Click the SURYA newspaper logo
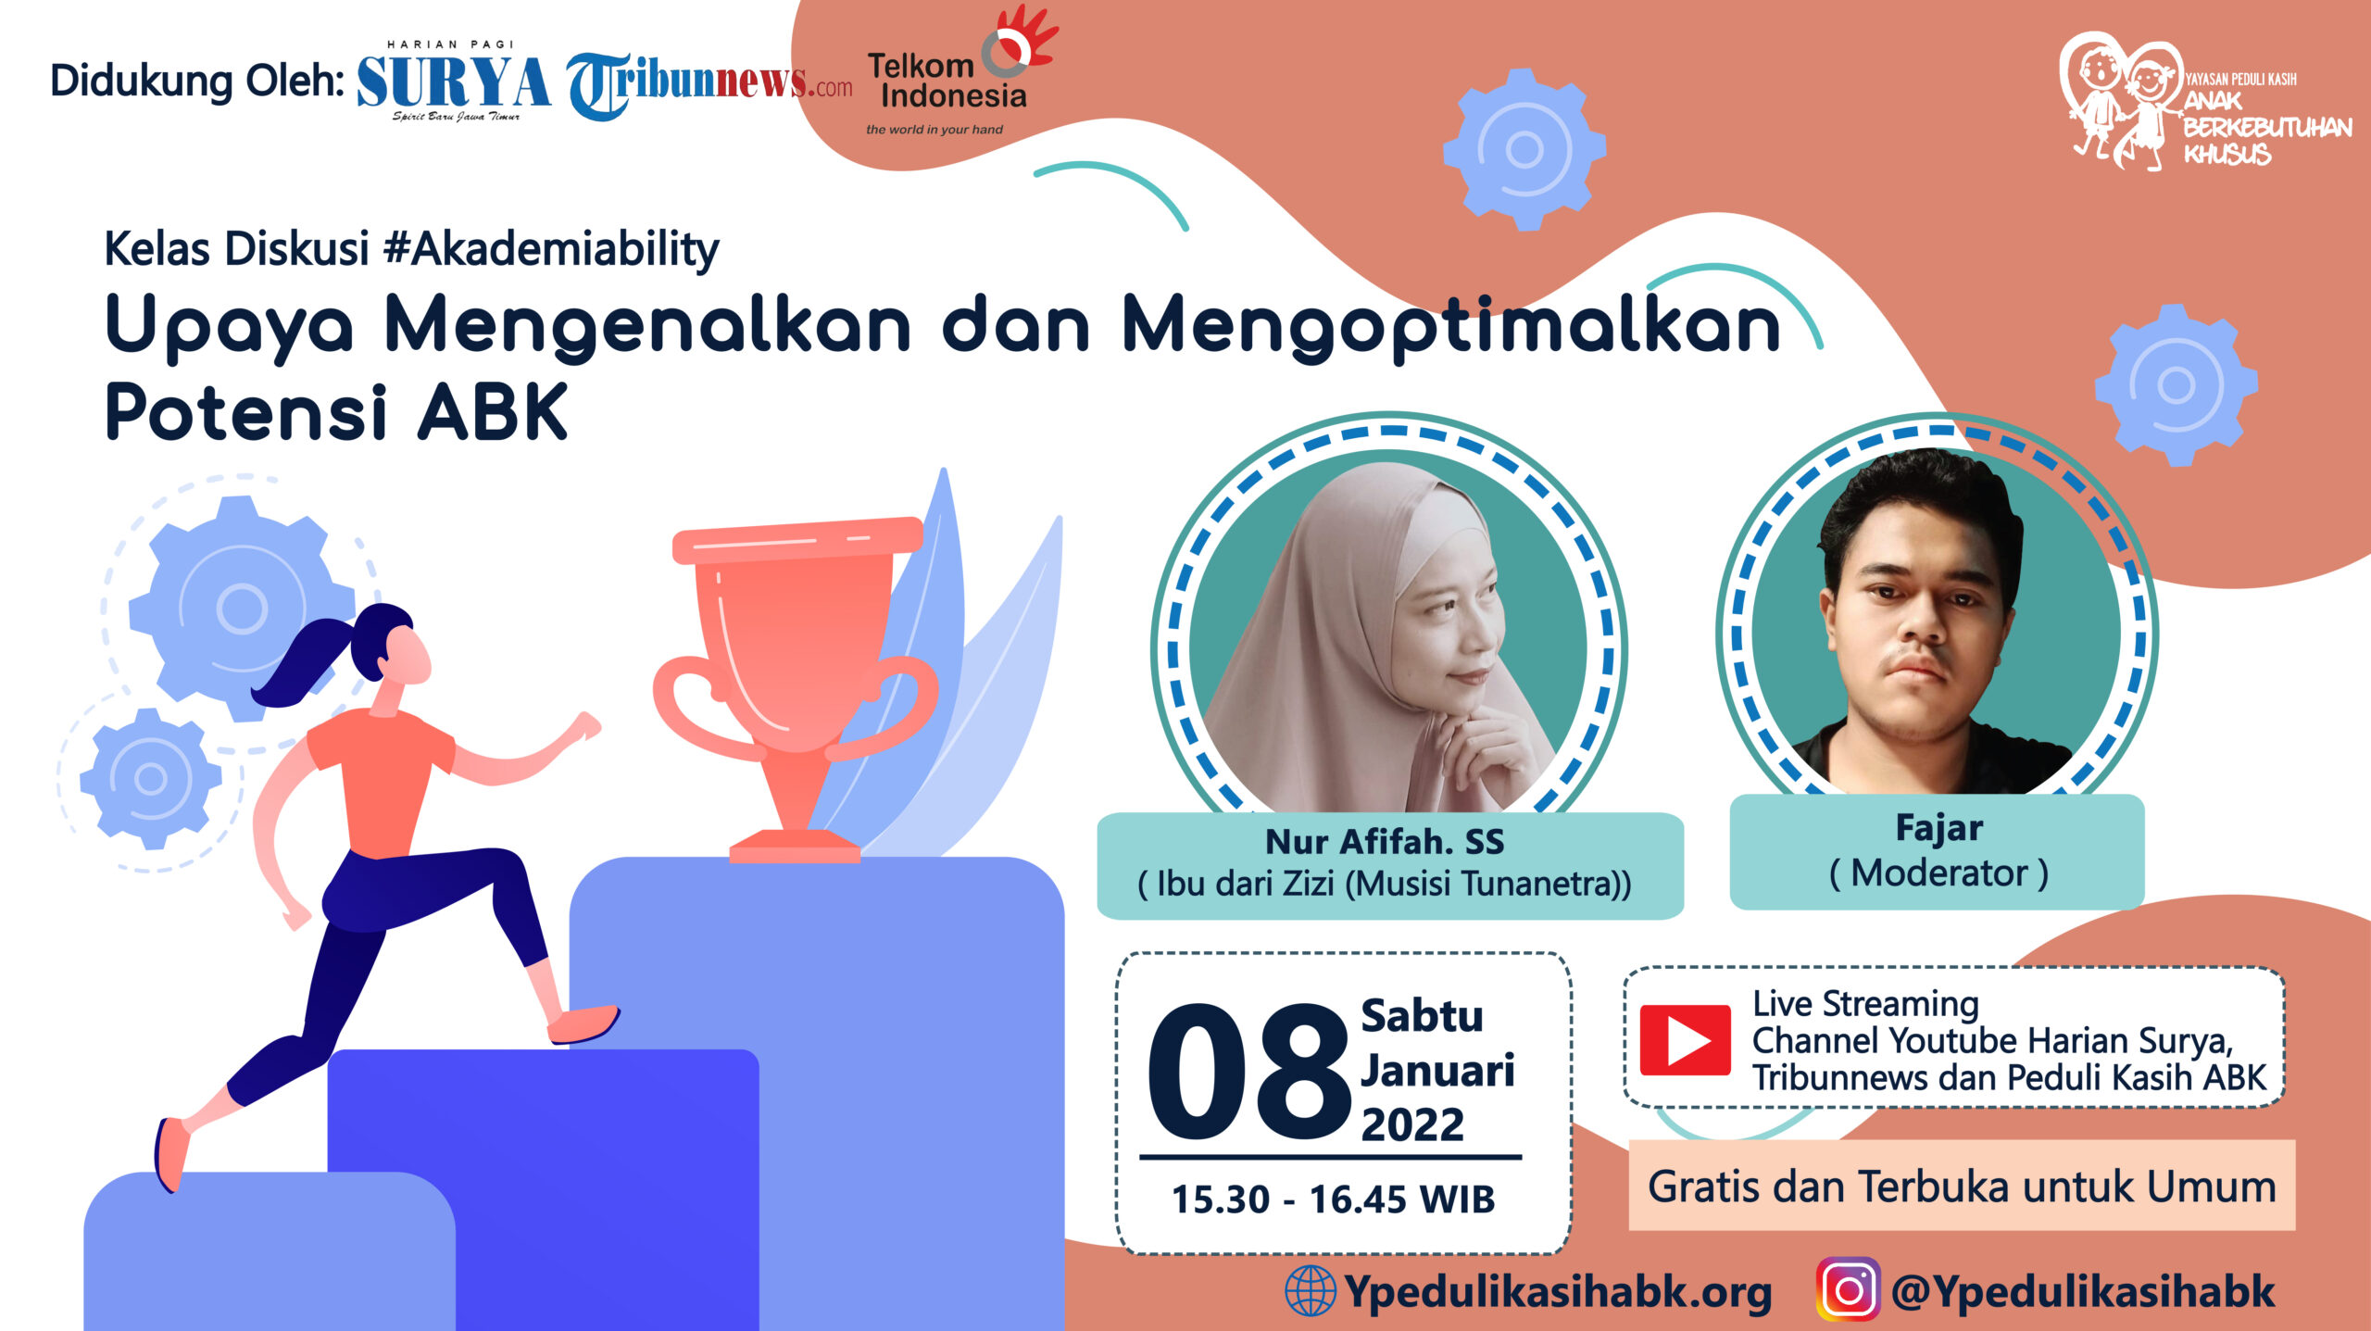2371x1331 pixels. (453, 81)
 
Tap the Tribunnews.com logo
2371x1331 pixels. (709, 85)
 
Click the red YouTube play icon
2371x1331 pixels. (1685, 1039)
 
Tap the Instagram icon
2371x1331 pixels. (1849, 1288)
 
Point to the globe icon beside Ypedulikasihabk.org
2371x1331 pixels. (1311, 1290)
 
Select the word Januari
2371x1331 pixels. (1437, 1072)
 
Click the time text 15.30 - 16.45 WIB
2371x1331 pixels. (1333, 1199)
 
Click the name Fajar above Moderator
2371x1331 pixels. (1938, 827)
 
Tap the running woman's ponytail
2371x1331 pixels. (306, 660)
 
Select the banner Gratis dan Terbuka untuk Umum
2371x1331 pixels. (1962, 1186)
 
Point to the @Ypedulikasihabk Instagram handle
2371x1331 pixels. (2082, 1290)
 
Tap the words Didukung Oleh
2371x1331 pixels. (197, 81)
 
